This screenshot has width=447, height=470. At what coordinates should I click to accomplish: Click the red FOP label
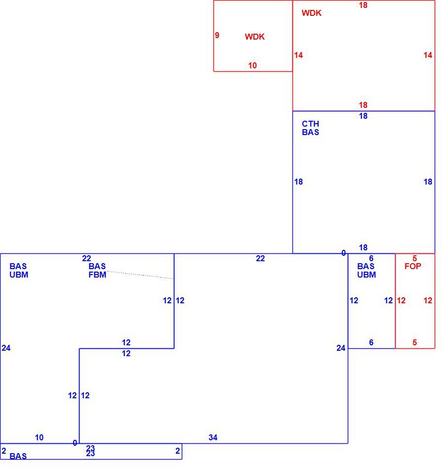coord(412,266)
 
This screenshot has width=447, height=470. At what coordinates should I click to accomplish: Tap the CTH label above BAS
coord(310,124)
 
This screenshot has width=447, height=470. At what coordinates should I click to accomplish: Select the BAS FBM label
coord(97,270)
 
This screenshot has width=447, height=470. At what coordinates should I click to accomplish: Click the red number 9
coord(217,35)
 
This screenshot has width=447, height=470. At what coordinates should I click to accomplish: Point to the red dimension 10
coord(252,65)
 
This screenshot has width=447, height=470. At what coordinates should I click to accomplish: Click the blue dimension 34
coord(213,437)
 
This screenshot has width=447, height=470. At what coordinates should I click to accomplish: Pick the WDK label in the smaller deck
coord(254,37)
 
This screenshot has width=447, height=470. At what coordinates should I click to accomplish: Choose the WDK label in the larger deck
coord(312,13)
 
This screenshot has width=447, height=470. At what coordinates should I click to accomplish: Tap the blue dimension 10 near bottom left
coord(39,437)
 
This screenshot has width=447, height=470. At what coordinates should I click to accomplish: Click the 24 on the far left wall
coord(6,348)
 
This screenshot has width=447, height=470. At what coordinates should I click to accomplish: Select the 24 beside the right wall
coord(341,348)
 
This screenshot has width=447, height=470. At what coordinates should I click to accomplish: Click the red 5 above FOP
coord(414,258)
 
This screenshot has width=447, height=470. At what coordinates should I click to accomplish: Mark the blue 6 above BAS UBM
coord(371,258)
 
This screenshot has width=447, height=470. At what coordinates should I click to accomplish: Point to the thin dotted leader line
coord(140,275)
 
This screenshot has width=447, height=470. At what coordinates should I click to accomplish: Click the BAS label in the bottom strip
coord(18,456)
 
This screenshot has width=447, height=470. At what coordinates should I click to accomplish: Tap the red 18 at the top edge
coord(363,5)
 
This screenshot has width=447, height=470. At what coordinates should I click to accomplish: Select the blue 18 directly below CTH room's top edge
coord(363,116)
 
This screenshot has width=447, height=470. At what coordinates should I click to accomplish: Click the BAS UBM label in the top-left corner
coord(19,270)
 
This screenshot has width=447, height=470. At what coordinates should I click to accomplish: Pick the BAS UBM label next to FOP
coord(366,270)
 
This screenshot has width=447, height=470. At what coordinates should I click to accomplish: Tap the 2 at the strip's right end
coord(177,451)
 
